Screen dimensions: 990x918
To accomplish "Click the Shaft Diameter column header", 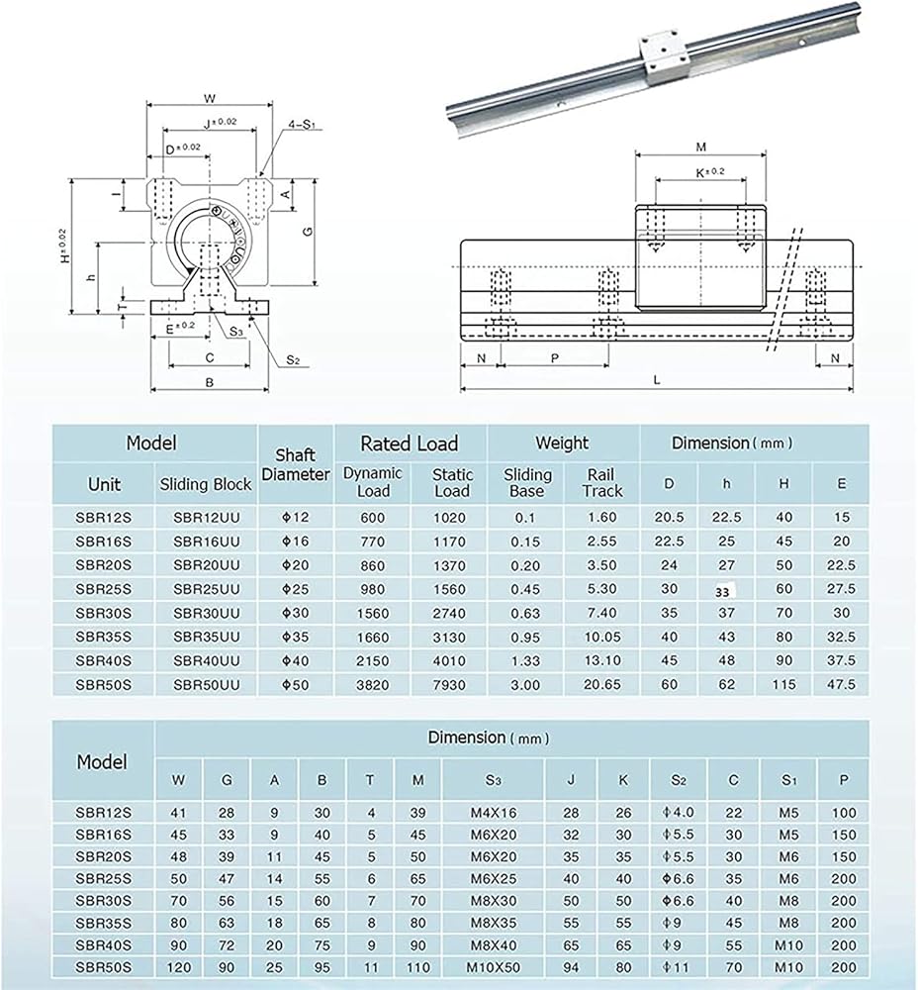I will tap(296, 464).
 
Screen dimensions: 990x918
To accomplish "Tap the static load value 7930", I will tap(452, 684).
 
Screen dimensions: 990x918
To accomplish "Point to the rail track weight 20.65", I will tap(601, 684).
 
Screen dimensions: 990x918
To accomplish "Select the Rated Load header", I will tap(409, 444).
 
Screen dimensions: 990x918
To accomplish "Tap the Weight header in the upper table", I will tap(562, 443).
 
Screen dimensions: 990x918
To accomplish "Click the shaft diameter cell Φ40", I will tap(295, 660).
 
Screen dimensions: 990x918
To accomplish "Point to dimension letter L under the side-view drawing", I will tap(657, 379).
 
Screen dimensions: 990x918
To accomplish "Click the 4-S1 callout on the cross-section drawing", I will tap(301, 125).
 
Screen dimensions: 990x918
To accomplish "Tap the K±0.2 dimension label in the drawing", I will tap(700, 172).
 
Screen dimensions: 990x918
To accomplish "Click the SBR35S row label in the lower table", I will tap(103, 920).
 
